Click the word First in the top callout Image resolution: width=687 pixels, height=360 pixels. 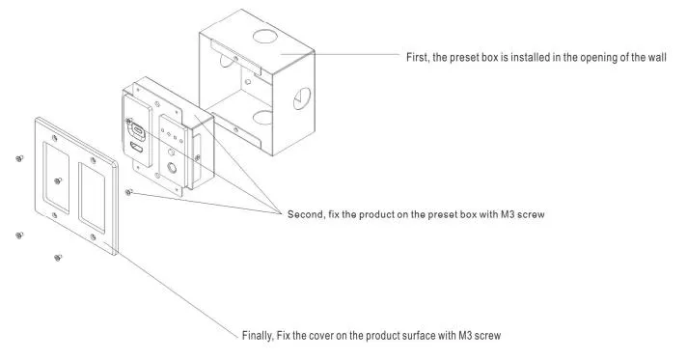click(417, 58)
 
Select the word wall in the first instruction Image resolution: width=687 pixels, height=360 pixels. click(657, 58)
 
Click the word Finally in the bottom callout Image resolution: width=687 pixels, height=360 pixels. click(258, 336)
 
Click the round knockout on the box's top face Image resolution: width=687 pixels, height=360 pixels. click(264, 36)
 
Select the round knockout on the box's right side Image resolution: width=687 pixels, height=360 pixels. click(301, 99)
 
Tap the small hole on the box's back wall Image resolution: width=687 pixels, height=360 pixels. click(248, 82)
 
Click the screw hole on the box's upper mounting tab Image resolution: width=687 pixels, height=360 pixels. click(235, 58)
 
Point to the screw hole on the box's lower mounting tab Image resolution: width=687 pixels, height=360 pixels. click(235, 129)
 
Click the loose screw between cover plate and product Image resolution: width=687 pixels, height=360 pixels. click(128, 192)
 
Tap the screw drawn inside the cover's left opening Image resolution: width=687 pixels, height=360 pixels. click(57, 180)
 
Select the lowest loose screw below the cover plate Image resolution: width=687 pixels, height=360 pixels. click(57, 258)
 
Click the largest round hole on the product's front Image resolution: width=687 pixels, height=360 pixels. click(172, 168)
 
